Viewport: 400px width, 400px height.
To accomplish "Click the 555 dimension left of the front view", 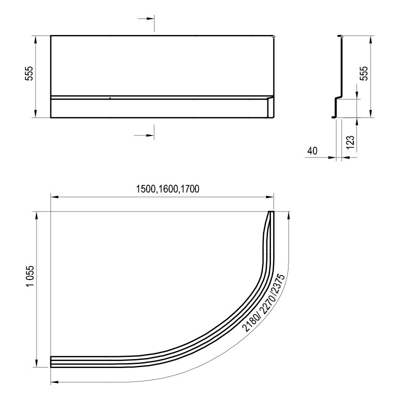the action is [x=29, y=73].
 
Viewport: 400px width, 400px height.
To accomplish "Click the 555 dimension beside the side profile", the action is [x=364, y=73].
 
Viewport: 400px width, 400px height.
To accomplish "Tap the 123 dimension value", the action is [x=350, y=142].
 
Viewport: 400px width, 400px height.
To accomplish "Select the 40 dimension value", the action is [x=312, y=151].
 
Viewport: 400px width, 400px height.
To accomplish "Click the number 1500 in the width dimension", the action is [x=145, y=189].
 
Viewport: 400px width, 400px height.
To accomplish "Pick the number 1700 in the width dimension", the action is [x=189, y=189].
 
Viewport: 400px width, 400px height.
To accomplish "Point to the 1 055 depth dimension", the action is [x=30, y=276].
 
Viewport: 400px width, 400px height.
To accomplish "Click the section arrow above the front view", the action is [x=146, y=18].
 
